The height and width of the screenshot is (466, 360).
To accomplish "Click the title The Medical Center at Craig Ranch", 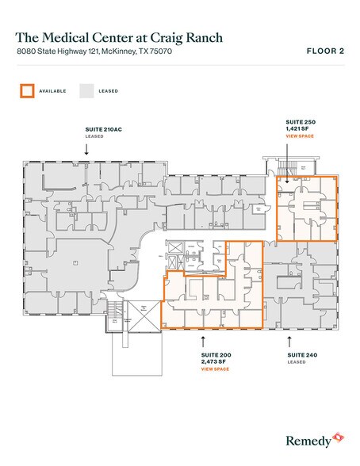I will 118,37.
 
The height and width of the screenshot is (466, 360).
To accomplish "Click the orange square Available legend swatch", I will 27,90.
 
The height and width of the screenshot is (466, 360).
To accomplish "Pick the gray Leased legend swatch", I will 86,90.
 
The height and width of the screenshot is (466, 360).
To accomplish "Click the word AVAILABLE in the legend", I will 52,91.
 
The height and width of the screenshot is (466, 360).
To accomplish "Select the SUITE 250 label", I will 301,121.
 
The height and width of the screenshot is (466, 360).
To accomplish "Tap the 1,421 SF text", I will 298,128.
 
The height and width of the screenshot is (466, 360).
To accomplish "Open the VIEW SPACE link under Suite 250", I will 300,136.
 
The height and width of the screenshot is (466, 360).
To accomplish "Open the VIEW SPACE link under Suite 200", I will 214,369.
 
